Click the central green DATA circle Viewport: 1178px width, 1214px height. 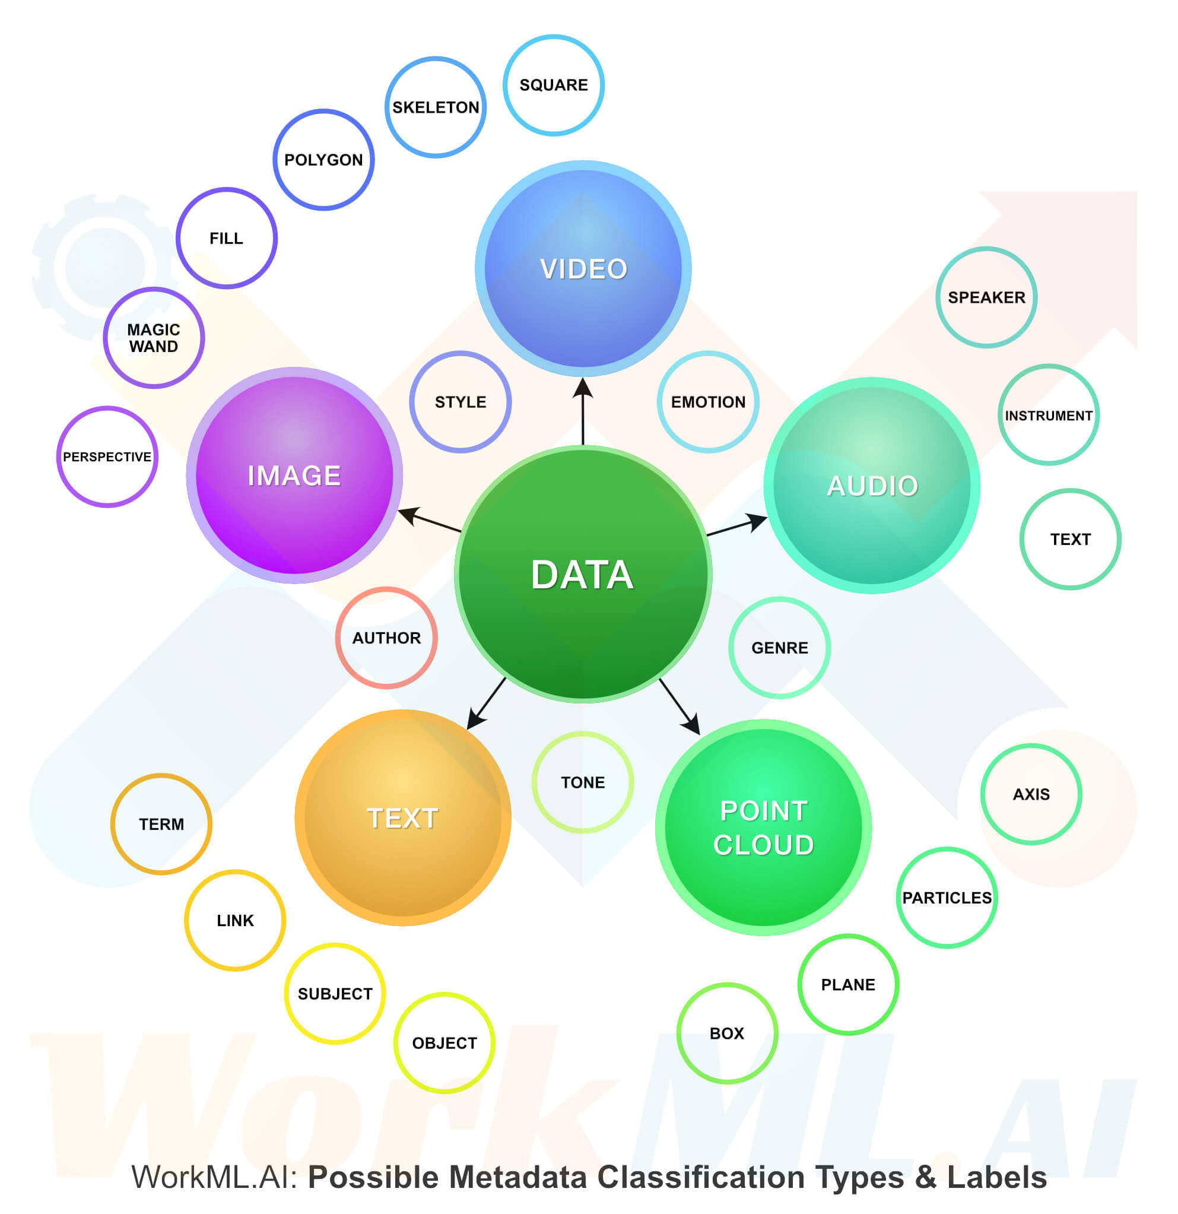583,573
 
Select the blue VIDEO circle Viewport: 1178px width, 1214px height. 583,269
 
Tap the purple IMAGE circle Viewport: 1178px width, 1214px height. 294,476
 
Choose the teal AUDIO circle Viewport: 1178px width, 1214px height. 872,486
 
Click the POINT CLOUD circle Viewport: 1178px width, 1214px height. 763,828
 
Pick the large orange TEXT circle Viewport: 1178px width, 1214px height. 402,817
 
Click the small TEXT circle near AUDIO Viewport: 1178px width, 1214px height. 1070,539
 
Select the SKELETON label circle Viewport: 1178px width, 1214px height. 436,107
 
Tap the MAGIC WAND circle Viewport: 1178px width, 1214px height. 154,338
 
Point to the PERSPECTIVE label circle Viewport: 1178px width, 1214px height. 107,457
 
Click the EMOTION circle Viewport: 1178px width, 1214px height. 708,402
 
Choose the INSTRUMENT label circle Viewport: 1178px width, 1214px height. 1049,415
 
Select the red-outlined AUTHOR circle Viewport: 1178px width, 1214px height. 386,638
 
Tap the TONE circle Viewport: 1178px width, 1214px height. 583,782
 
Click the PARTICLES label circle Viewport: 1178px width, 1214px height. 947,898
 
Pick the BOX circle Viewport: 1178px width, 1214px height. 727,1033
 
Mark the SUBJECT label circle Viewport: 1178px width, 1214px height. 335,994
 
